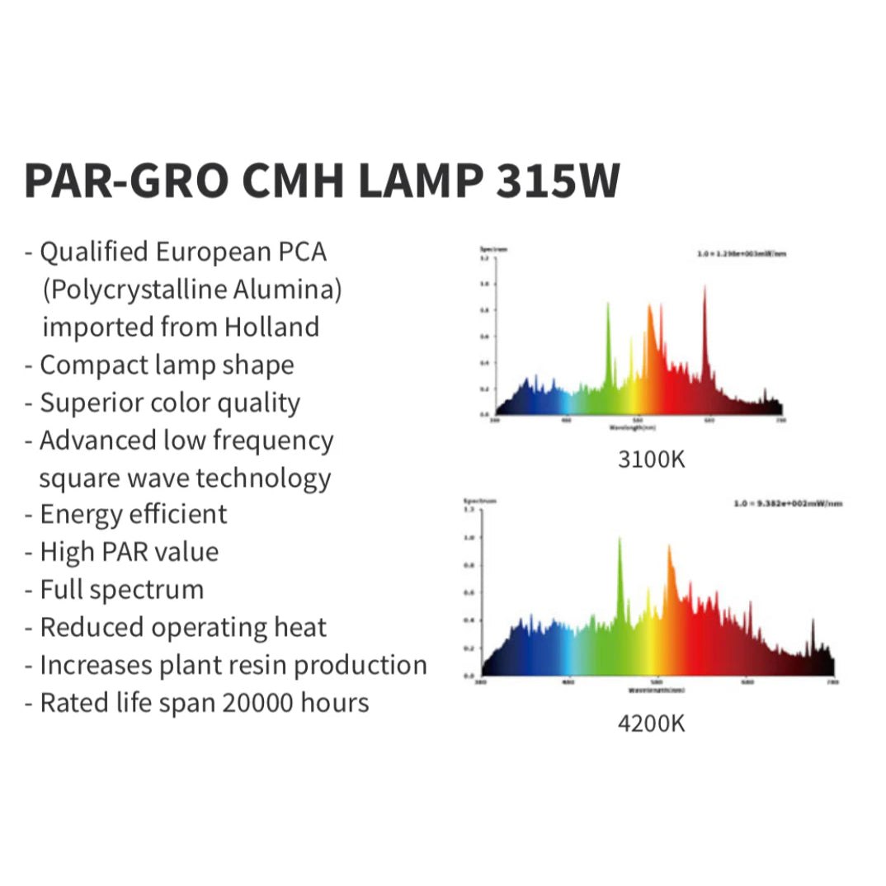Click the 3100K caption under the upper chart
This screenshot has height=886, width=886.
[652, 459]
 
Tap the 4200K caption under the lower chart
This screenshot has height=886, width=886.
[652, 723]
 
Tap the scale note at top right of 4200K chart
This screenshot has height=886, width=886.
[788, 502]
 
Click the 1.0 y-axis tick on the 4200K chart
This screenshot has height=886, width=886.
[469, 537]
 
